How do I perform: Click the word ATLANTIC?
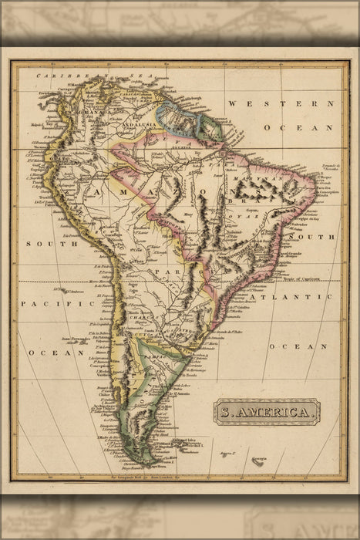coord(298,296)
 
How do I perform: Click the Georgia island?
coord(257,460)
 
